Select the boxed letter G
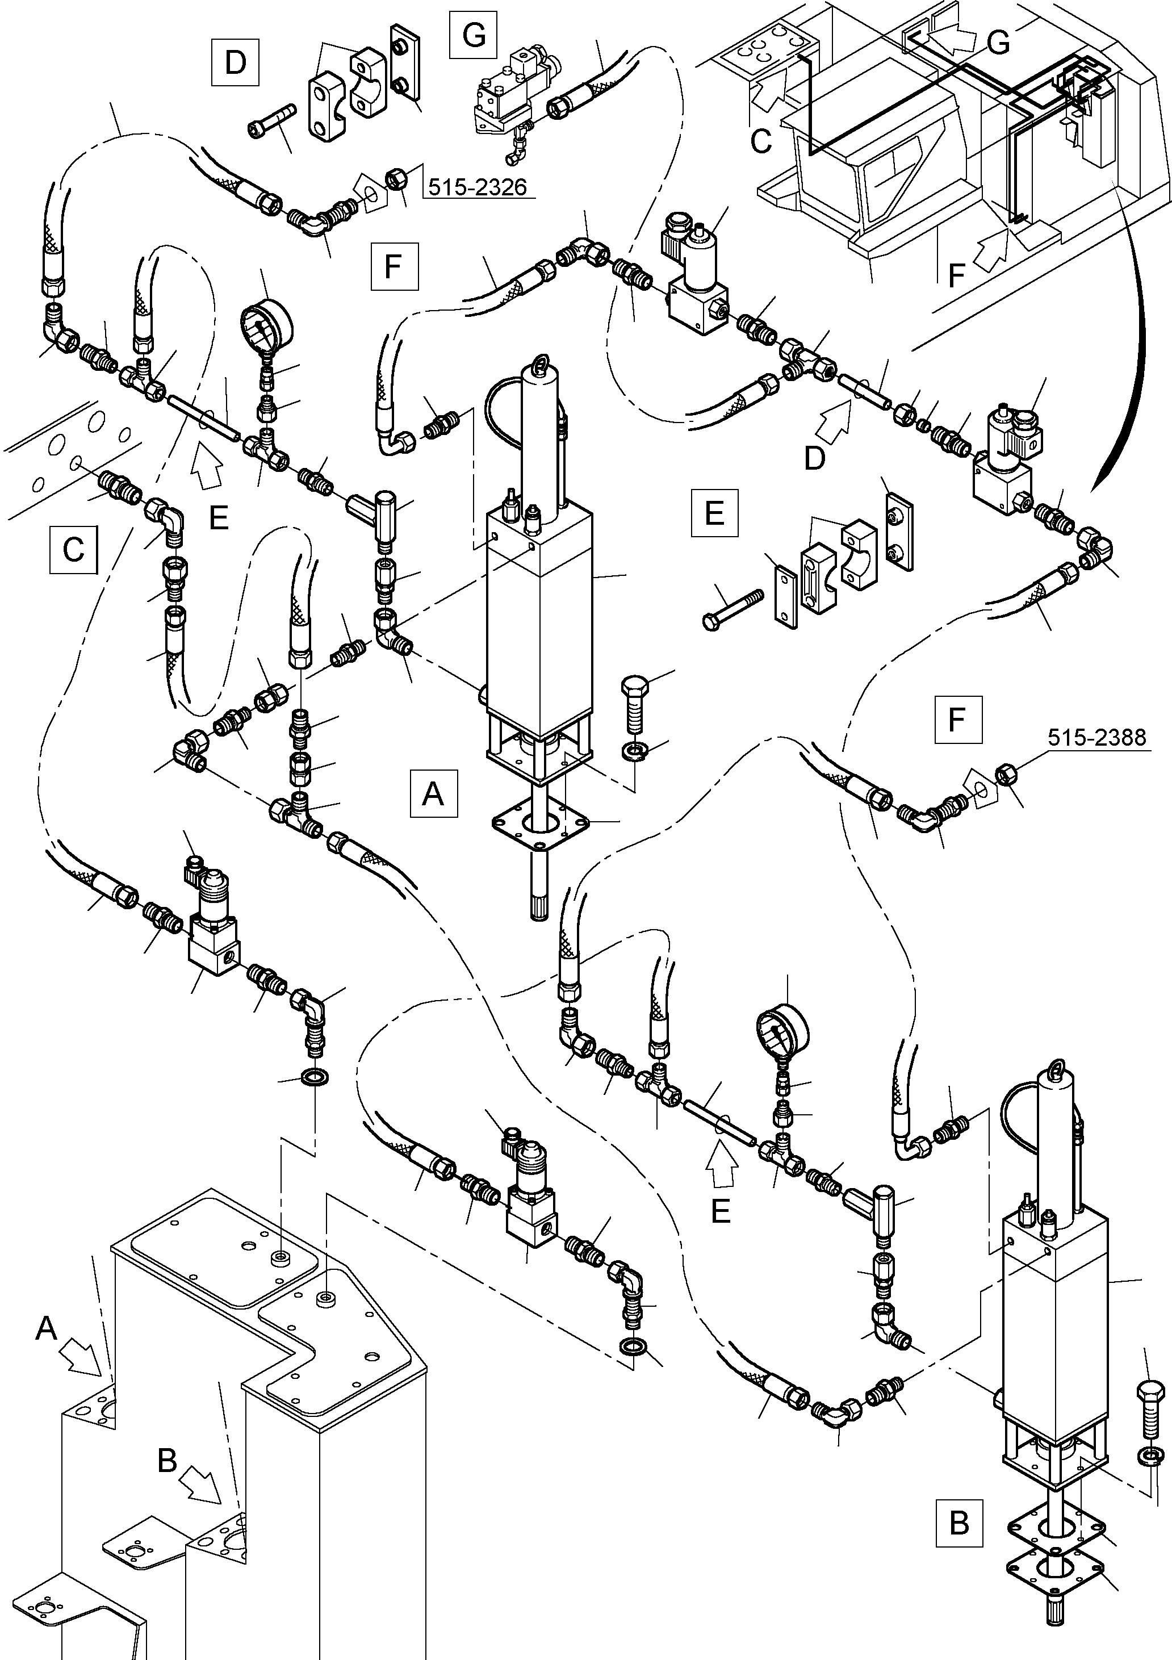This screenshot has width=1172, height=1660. pyautogui.click(x=474, y=34)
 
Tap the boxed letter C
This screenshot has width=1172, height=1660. pyautogui.click(x=73, y=550)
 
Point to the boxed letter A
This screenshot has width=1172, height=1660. pyautogui.click(x=433, y=793)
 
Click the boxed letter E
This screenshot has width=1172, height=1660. pyautogui.click(x=714, y=513)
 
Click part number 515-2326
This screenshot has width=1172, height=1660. pyautogui.click(x=477, y=187)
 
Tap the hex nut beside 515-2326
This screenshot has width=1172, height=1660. pyautogui.click(x=396, y=178)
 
